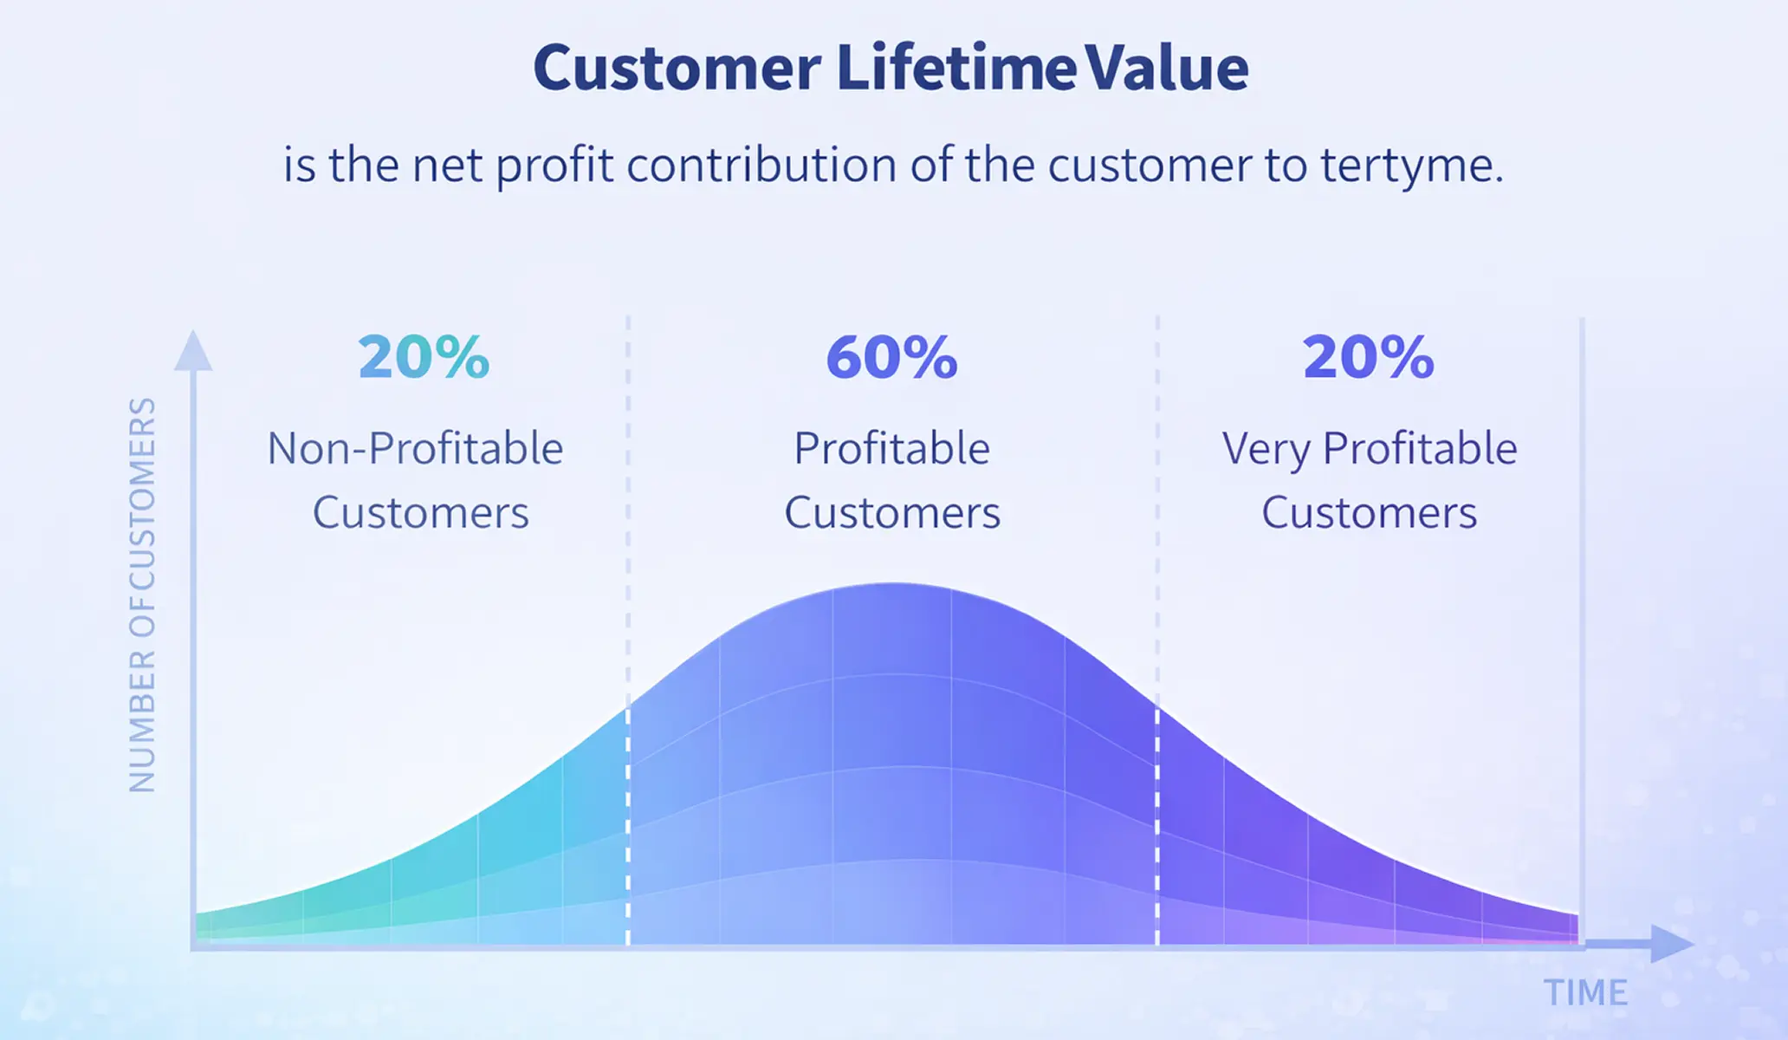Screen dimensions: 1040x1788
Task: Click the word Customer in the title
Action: (x=677, y=68)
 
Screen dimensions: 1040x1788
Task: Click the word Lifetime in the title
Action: (x=956, y=68)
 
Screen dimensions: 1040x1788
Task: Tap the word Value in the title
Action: (x=1167, y=68)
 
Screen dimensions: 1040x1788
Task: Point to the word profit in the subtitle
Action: (x=554, y=166)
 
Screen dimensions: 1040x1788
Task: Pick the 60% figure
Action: (x=891, y=358)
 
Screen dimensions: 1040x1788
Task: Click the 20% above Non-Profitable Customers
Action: (x=424, y=358)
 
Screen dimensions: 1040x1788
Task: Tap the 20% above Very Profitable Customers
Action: (x=1368, y=358)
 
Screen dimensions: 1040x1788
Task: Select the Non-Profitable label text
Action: (x=415, y=449)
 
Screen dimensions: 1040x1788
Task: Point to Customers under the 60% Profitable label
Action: (x=891, y=512)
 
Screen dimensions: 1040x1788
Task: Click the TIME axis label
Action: (x=1585, y=992)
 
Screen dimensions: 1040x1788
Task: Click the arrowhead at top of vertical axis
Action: (x=193, y=351)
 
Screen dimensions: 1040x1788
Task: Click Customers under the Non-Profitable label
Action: (x=420, y=512)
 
